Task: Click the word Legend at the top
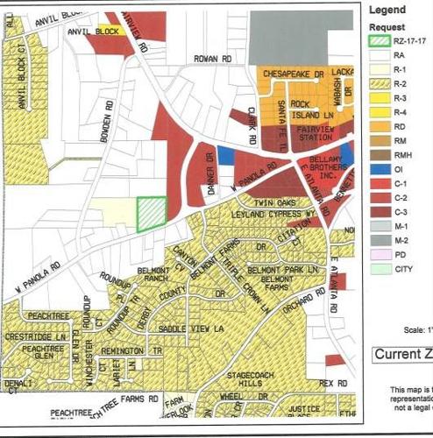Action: click(x=387, y=11)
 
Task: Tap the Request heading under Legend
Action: click(x=387, y=25)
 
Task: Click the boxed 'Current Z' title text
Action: click(x=402, y=355)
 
